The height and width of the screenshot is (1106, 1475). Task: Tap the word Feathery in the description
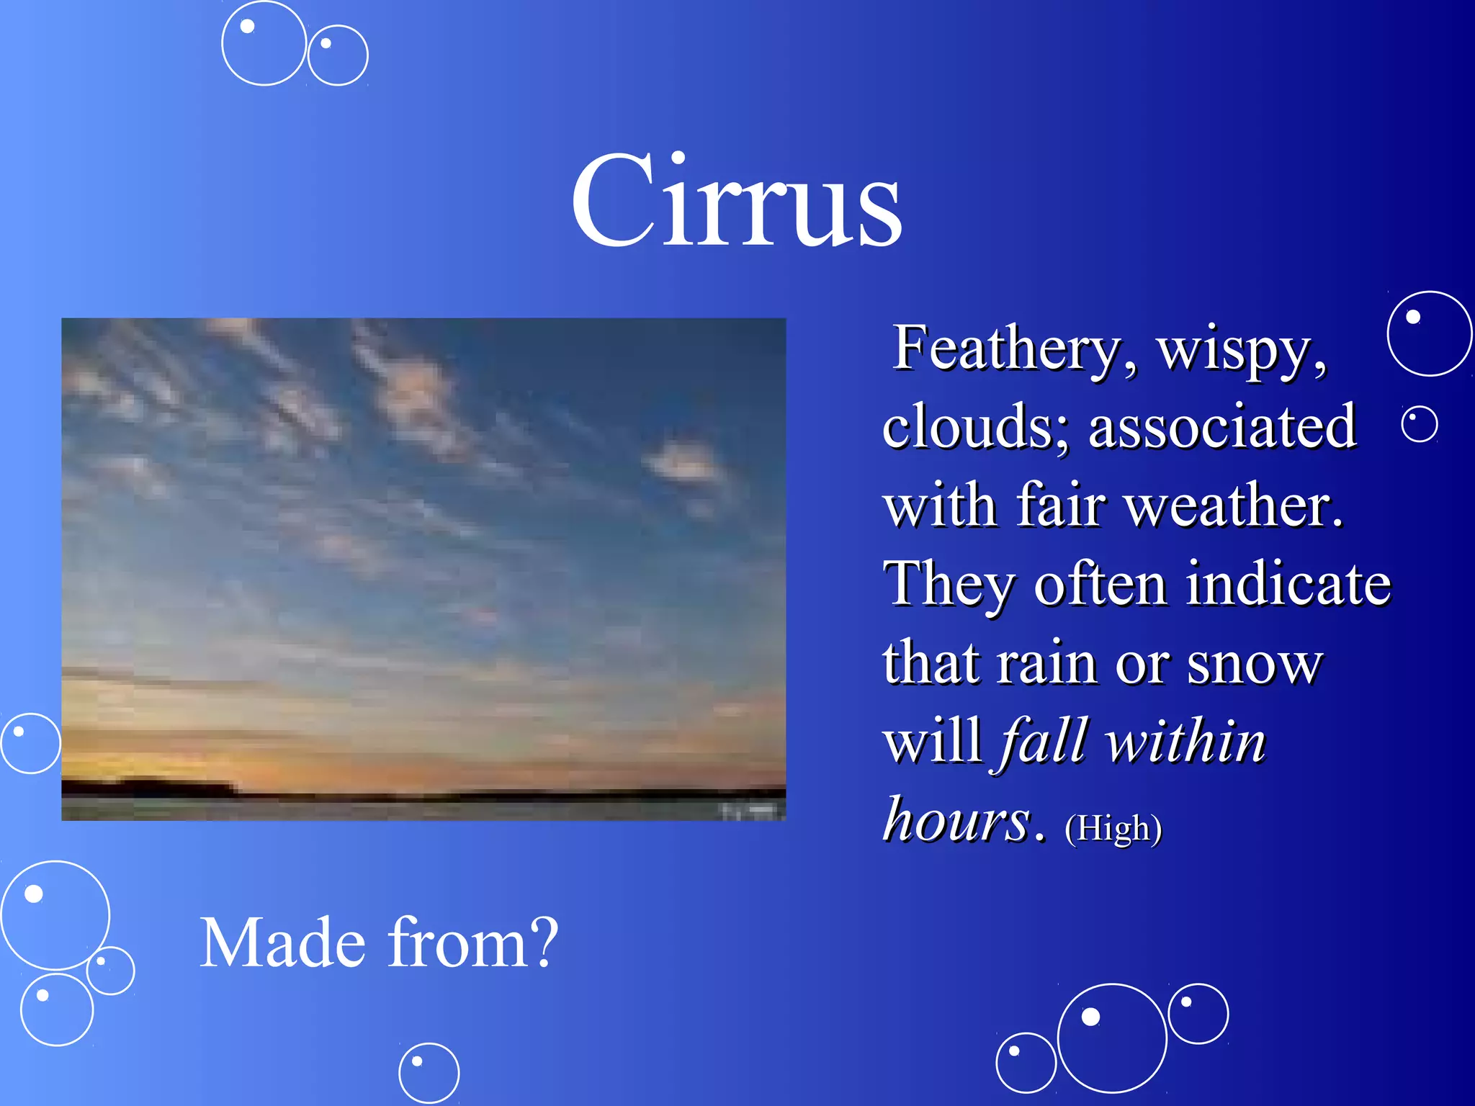pyautogui.click(x=1007, y=349)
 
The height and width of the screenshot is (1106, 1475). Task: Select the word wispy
pyautogui.click(x=1240, y=351)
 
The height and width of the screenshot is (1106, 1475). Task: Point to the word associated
pyautogui.click(x=1222, y=426)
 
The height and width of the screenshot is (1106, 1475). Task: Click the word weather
pyautogui.click(x=1233, y=505)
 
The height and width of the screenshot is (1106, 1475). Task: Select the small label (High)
pyautogui.click(x=1113, y=828)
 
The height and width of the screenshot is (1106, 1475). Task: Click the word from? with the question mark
pyautogui.click(x=472, y=943)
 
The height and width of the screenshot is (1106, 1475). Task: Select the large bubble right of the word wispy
pyautogui.click(x=1429, y=333)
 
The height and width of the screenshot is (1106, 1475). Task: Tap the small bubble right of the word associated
pyautogui.click(x=1420, y=424)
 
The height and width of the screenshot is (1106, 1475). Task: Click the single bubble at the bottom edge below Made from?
pyautogui.click(x=429, y=1073)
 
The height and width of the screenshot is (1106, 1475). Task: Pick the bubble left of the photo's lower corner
pyautogui.click(x=30, y=743)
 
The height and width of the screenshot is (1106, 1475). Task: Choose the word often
pyautogui.click(x=1100, y=584)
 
